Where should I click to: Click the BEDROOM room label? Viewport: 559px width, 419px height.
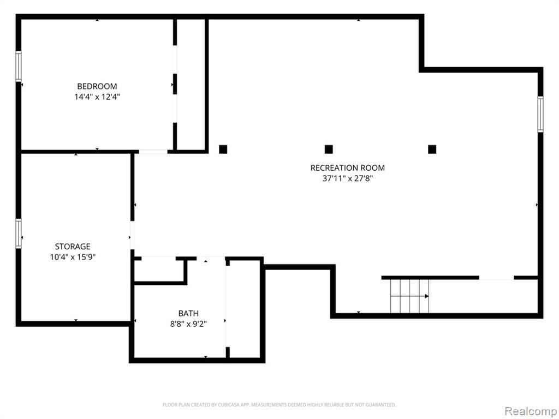click(x=97, y=86)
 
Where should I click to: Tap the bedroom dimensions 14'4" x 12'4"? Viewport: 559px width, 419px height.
click(x=97, y=97)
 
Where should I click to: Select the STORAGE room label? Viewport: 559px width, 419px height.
click(x=73, y=246)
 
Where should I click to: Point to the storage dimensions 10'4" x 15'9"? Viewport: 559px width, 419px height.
click(x=73, y=257)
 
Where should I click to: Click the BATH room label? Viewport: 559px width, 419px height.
click(x=188, y=314)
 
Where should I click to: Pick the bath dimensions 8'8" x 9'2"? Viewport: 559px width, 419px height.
click(x=188, y=324)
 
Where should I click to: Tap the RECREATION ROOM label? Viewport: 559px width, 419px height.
click(x=348, y=168)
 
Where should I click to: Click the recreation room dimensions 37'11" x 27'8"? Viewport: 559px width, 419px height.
click(x=348, y=178)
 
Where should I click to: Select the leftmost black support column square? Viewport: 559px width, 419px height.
click(x=223, y=149)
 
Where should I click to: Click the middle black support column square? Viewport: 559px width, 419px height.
click(x=329, y=149)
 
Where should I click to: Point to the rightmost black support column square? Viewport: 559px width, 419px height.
click(x=432, y=149)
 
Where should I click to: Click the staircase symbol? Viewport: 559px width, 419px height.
click(x=409, y=296)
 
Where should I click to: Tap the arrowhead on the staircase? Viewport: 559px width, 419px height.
click(x=427, y=296)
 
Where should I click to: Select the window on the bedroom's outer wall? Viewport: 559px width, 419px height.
click(x=19, y=67)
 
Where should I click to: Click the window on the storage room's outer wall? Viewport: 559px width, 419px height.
click(x=19, y=234)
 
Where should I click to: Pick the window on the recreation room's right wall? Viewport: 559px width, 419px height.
click(x=540, y=114)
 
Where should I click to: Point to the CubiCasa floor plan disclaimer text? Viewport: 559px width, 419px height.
click(x=279, y=405)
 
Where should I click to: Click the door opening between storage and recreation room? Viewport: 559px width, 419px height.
click(x=132, y=235)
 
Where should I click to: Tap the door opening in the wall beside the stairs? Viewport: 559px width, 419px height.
click(x=496, y=278)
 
